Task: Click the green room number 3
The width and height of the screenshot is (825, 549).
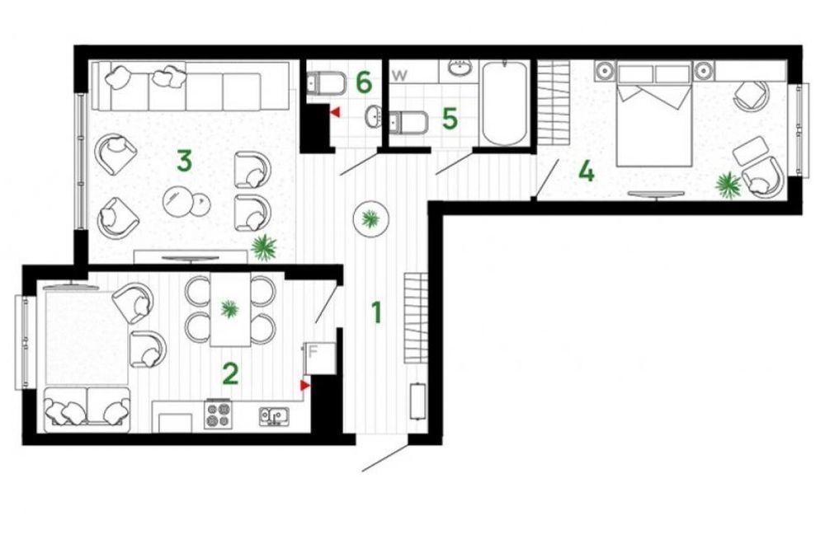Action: pos(184,161)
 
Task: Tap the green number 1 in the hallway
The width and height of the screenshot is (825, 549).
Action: pos(376,312)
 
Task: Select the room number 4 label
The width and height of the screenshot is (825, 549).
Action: pos(586,171)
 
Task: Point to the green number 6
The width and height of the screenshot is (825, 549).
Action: pos(364,82)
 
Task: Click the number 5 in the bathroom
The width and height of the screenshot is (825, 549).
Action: pos(450,119)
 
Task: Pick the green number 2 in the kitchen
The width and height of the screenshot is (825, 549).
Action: pos(230,374)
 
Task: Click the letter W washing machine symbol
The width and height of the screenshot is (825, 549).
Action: pos(400,75)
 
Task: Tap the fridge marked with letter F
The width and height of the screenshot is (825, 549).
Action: pos(319,358)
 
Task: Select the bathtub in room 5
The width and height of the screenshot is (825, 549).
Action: pos(505,103)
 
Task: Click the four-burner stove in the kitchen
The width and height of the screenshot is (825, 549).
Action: pos(219,415)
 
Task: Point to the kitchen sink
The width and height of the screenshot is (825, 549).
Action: pos(274,415)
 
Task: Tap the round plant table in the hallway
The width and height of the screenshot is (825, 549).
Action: pos(371,218)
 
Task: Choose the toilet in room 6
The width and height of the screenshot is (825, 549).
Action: pos(326,83)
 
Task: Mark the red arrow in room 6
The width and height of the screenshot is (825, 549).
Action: pos(335,112)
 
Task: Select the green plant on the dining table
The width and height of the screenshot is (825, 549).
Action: pos(229,308)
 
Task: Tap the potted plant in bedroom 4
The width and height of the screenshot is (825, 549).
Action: pos(728,185)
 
